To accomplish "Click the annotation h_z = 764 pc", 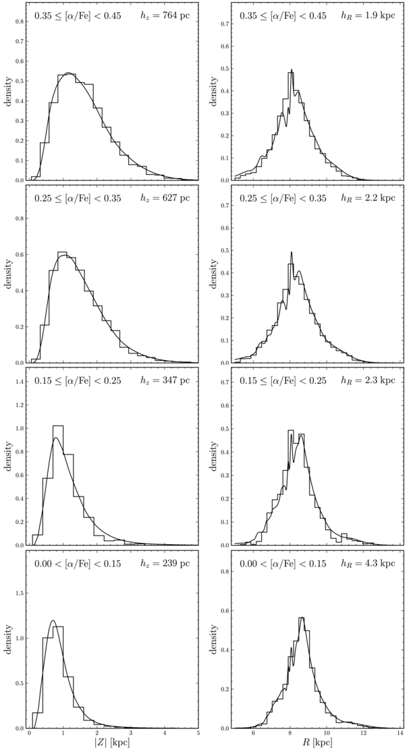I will [167, 16].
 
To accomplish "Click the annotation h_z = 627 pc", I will [167, 198].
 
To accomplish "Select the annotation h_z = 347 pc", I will [167, 381].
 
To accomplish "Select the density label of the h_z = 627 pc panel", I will [9, 273].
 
